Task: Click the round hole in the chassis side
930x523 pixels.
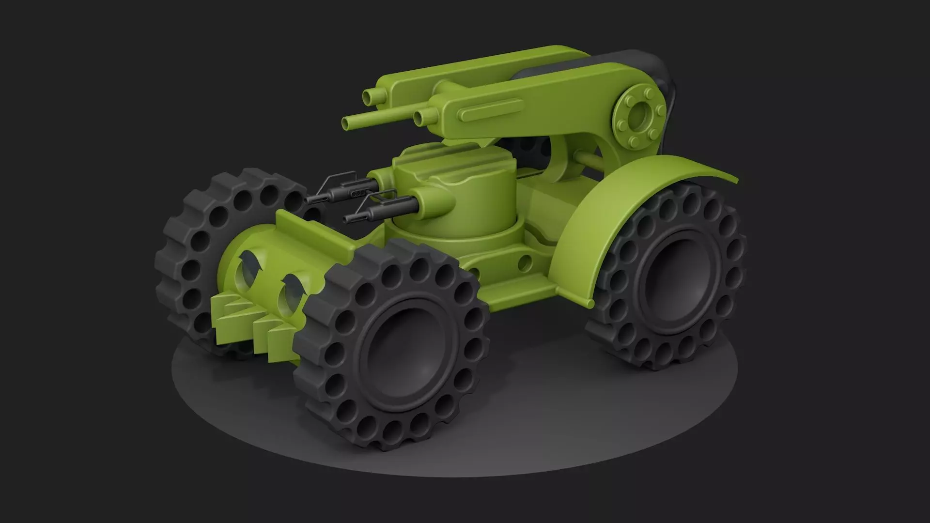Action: [x=524, y=264]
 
